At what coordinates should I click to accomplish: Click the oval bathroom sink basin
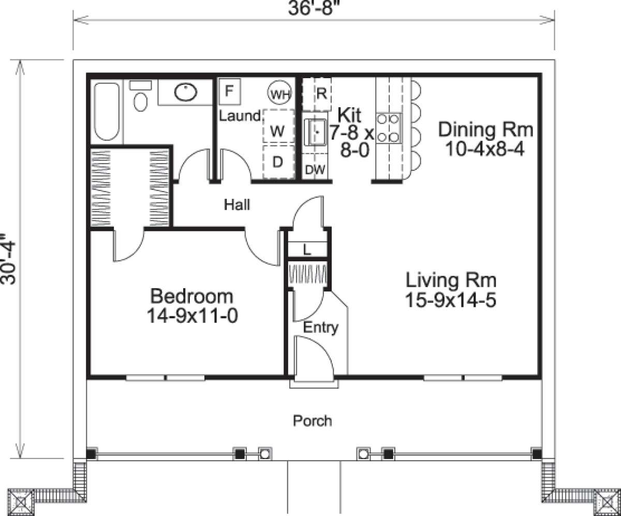coord(185,93)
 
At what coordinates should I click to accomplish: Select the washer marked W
coord(278,131)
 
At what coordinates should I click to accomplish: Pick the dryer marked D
coord(278,163)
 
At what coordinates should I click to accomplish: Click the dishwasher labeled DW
coord(315,170)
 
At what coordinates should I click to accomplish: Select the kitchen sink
coord(314,132)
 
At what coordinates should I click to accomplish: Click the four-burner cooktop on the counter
coord(388,128)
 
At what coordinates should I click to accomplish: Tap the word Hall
coord(237,205)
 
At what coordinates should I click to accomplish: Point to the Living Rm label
coord(451,281)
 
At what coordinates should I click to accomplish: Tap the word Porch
coord(312,420)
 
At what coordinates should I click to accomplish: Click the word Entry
coord(320,327)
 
